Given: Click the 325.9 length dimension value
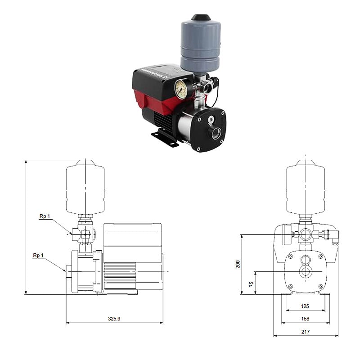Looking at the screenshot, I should tap(114, 318).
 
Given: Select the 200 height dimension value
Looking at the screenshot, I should tap(238, 264).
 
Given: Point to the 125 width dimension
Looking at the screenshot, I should tap(305, 306).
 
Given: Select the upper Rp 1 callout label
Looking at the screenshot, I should tap(45, 216).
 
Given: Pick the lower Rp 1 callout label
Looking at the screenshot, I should tap(38, 255).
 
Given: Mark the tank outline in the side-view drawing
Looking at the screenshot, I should tap(85, 189).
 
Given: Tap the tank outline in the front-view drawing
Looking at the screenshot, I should tap(306, 189).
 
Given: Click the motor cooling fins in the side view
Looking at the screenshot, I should tap(119, 270).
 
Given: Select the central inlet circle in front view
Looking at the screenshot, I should tap(306, 272).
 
